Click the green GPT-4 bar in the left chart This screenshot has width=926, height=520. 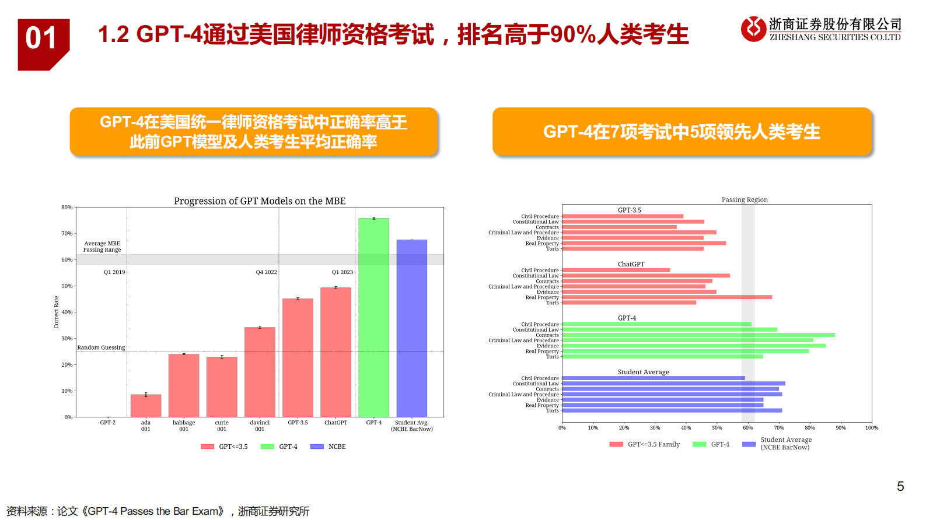pos(373,318)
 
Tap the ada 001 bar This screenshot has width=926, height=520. pos(146,406)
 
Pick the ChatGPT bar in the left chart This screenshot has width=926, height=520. pos(336,352)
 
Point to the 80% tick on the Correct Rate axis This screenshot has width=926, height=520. pos(67,208)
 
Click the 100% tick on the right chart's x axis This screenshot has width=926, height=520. pos(871,428)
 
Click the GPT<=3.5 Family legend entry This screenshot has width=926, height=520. pos(645,444)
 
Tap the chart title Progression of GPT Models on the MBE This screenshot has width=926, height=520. pos(260,201)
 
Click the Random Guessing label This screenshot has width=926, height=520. pos(101,347)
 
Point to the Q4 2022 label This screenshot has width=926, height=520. pos(266,272)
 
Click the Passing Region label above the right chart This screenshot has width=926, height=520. pos(745,199)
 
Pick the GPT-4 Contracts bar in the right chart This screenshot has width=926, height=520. pos(698,335)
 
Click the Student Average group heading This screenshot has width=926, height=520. pos(643,372)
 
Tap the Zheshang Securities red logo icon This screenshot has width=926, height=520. pos(753,29)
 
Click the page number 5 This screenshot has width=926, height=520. pos(900,486)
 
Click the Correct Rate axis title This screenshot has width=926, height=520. pos(57,312)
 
